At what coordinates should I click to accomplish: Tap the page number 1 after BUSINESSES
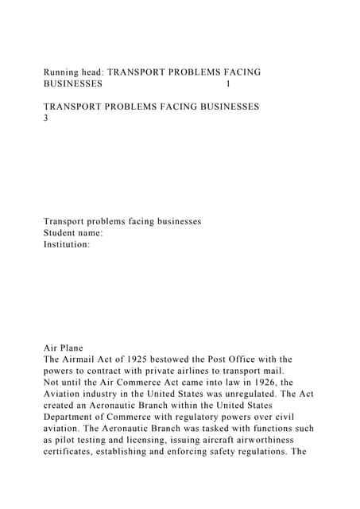click(x=229, y=84)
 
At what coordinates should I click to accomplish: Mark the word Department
click(x=72, y=417)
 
